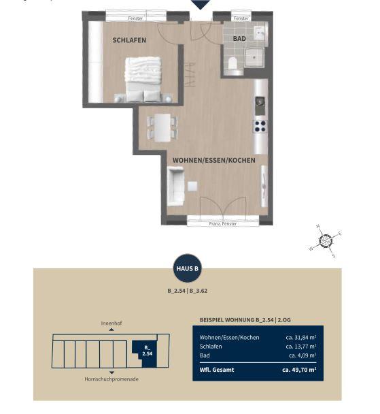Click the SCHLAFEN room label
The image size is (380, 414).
click(x=129, y=40)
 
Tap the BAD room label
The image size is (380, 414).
click(x=239, y=39)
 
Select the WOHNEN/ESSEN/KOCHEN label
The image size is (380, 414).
click(x=213, y=160)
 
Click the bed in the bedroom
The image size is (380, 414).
click(x=143, y=79)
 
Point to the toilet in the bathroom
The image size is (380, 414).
click(x=232, y=63)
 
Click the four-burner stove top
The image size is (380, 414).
click(x=260, y=126)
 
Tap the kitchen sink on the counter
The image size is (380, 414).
click(x=260, y=106)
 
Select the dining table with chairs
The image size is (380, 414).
click(x=162, y=127)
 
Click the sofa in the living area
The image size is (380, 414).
click(x=175, y=186)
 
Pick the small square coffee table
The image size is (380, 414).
click(x=192, y=186)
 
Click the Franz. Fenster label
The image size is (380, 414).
click(x=223, y=223)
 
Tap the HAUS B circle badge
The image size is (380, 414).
click(x=188, y=268)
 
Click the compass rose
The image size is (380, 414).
click(x=326, y=241)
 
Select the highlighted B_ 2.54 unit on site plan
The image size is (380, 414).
click(x=148, y=353)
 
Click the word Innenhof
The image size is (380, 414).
click(x=111, y=323)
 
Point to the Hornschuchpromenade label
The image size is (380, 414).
click(x=111, y=379)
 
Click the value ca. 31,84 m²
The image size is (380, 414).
click(x=301, y=338)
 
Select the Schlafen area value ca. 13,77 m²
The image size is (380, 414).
click(x=301, y=347)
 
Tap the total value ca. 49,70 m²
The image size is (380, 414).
click(x=299, y=370)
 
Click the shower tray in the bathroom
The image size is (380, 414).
click(x=254, y=57)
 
